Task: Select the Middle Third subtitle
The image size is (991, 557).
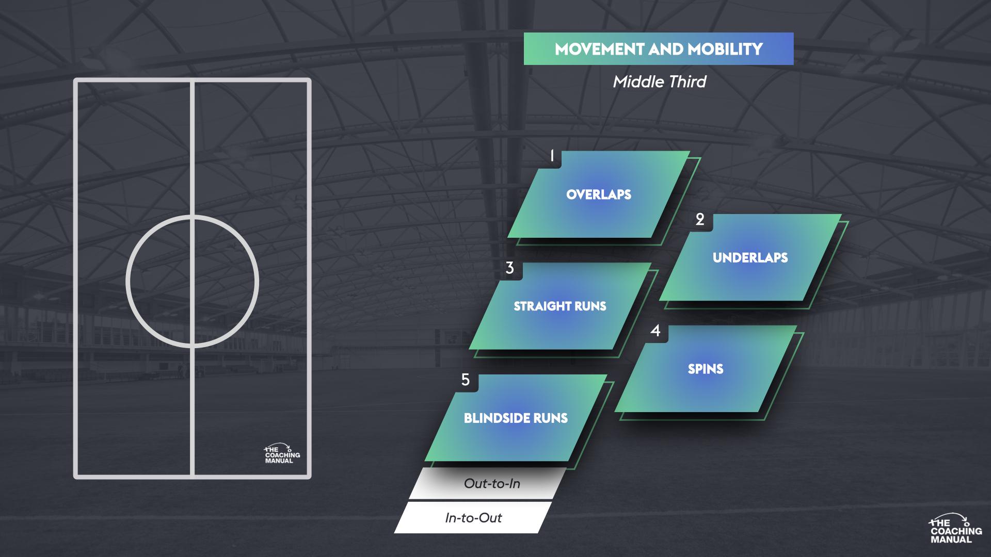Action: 659,81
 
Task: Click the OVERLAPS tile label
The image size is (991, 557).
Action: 599,194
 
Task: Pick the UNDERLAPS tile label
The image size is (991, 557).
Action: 750,258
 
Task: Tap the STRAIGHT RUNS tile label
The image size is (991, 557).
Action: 560,306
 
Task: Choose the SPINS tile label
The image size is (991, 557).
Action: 706,369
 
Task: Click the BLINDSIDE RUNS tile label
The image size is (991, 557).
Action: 516,418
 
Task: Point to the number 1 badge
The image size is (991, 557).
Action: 552,156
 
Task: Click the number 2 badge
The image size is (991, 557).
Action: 700,220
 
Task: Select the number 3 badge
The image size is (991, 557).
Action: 510,268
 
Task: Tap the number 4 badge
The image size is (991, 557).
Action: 656,331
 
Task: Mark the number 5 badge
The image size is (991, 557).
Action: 466,380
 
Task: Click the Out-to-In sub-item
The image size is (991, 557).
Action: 492,484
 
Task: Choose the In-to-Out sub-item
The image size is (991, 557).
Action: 473,518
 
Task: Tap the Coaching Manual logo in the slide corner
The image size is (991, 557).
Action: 955,529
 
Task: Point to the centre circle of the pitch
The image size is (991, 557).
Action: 192,281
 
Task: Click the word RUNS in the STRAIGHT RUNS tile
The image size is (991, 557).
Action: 590,306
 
